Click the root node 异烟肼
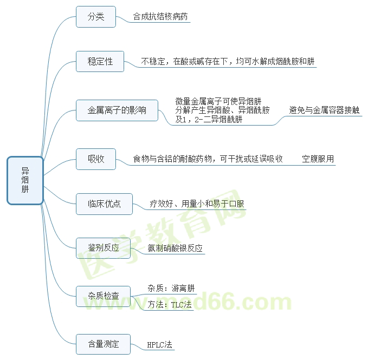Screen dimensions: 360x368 (x=25, y=181)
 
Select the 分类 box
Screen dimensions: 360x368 (x=96, y=17)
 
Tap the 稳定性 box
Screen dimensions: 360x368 (x=100, y=61)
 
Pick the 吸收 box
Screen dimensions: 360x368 (x=96, y=159)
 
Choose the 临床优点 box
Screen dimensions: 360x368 (x=104, y=204)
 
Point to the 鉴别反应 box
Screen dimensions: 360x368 (x=104, y=248)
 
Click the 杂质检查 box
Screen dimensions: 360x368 (x=104, y=296)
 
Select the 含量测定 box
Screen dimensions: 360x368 (x=104, y=343)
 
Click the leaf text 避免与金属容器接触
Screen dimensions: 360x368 (x=325, y=110)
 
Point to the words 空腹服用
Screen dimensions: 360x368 (x=318, y=159)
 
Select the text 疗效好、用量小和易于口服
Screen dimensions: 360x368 (x=197, y=204)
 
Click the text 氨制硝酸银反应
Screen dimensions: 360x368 (x=175, y=248)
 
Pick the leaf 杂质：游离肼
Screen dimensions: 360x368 (x=171, y=288)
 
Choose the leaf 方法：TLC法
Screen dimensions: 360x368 (x=169, y=304)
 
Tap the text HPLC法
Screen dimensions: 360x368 (x=160, y=344)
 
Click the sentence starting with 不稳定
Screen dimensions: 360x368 (x=228, y=62)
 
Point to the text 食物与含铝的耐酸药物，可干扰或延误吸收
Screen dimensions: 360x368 (x=208, y=159)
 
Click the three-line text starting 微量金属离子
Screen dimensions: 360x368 (x=222, y=110)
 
